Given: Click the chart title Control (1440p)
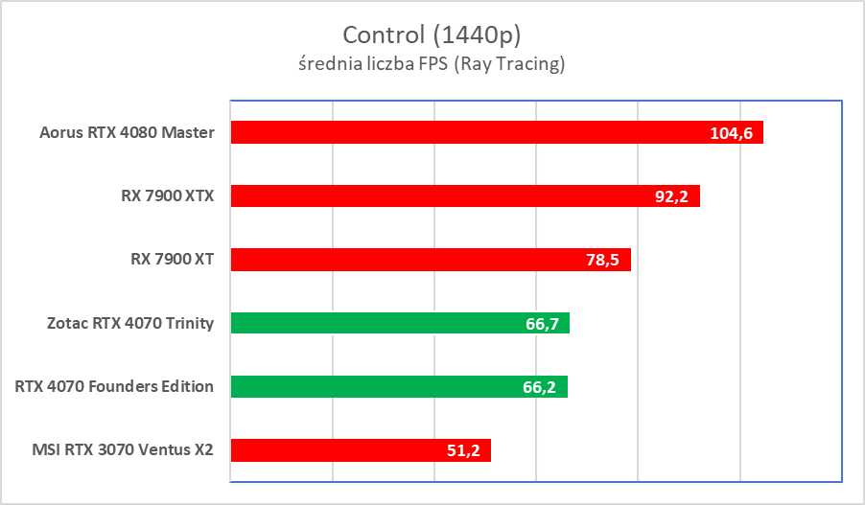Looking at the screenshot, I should click(x=432, y=34).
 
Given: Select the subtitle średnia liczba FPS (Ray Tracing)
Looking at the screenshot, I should click(x=432, y=65).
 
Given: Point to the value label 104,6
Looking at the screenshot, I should click(x=731, y=133).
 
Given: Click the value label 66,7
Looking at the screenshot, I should click(x=542, y=324).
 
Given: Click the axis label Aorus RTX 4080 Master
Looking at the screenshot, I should click(x=128, y=132).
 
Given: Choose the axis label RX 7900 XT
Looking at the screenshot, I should click(x=166, y=260).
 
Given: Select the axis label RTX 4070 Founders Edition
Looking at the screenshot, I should click(x=114, y=387).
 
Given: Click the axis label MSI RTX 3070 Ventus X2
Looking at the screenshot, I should click(x=122, y=450).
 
